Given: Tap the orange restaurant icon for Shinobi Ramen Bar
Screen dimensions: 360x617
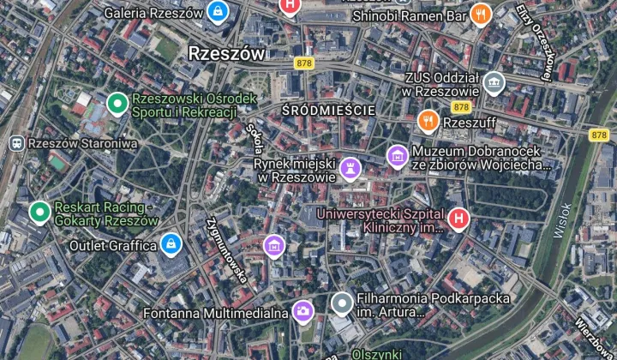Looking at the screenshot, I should click(x=482, y=13).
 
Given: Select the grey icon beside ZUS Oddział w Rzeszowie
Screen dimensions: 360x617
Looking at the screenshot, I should click(x=493, y=83).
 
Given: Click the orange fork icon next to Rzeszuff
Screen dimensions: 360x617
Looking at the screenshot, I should click(x=428, y=122).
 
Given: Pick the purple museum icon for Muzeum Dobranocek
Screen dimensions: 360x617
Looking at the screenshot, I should click(x=397, y=156).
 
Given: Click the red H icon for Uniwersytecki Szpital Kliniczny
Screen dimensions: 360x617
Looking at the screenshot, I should click(x=458, y=220).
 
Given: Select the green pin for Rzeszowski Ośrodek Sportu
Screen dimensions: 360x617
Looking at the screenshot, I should click(x=117, y=105).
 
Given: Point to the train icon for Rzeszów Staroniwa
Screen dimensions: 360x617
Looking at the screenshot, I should click(x=15, y=143).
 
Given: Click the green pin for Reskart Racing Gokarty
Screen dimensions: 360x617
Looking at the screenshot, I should click(x=39, y=212).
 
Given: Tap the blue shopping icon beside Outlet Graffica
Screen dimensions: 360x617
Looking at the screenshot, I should click(x=171, y=245).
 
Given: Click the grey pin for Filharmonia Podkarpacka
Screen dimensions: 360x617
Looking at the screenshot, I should click(x=342, y=303).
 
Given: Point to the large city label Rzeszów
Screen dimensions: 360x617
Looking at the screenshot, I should click(x=225, y=52).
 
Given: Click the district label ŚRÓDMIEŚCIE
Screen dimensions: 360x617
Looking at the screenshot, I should click(x=328, y=111).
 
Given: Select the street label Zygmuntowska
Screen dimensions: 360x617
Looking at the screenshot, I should click(x=226, y=248).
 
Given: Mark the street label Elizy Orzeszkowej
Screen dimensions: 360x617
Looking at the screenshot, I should click(x=533, y=41).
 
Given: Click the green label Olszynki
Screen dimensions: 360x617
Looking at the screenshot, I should click(x=377, y=353).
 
